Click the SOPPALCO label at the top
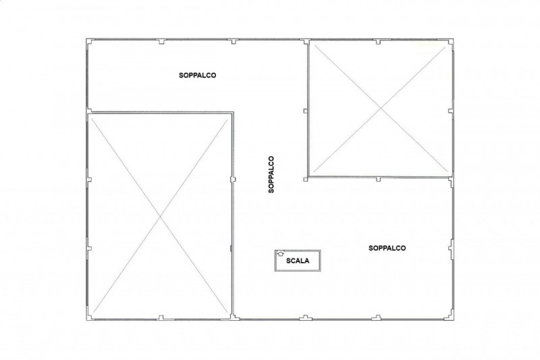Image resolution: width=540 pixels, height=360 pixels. [197, 75]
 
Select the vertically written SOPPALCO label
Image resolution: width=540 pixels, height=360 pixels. [271, 174]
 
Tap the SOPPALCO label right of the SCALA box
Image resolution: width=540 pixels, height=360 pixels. [387, 248]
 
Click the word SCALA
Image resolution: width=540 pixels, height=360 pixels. [298, 261]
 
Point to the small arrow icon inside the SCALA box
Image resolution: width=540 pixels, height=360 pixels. [280, 253]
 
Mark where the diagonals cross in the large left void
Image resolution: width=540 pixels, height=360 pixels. [161, 216]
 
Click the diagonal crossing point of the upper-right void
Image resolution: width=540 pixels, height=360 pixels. [381, 109]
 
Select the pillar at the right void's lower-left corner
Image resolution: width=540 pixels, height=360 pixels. [306, 179]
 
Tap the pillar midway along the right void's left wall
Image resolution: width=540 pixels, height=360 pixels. [305, 111]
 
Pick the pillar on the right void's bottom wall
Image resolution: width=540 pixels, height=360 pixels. [378, 179]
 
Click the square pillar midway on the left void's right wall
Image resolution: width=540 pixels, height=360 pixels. [233, 179]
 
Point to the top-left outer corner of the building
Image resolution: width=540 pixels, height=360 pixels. [86, 38]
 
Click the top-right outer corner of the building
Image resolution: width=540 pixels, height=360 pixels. [453, 39]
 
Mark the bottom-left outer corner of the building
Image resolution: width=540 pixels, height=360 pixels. [86, 320]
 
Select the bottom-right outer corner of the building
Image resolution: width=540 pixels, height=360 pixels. [453, 320]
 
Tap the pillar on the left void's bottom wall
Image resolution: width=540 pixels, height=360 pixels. [161, 317]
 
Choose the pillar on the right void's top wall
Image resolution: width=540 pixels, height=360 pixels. [378, 42]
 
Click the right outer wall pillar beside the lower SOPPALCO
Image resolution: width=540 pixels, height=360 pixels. [451, 248]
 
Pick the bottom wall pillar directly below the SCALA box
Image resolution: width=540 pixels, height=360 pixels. [306, 317]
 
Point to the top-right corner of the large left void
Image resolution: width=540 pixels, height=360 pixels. [233, 112]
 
